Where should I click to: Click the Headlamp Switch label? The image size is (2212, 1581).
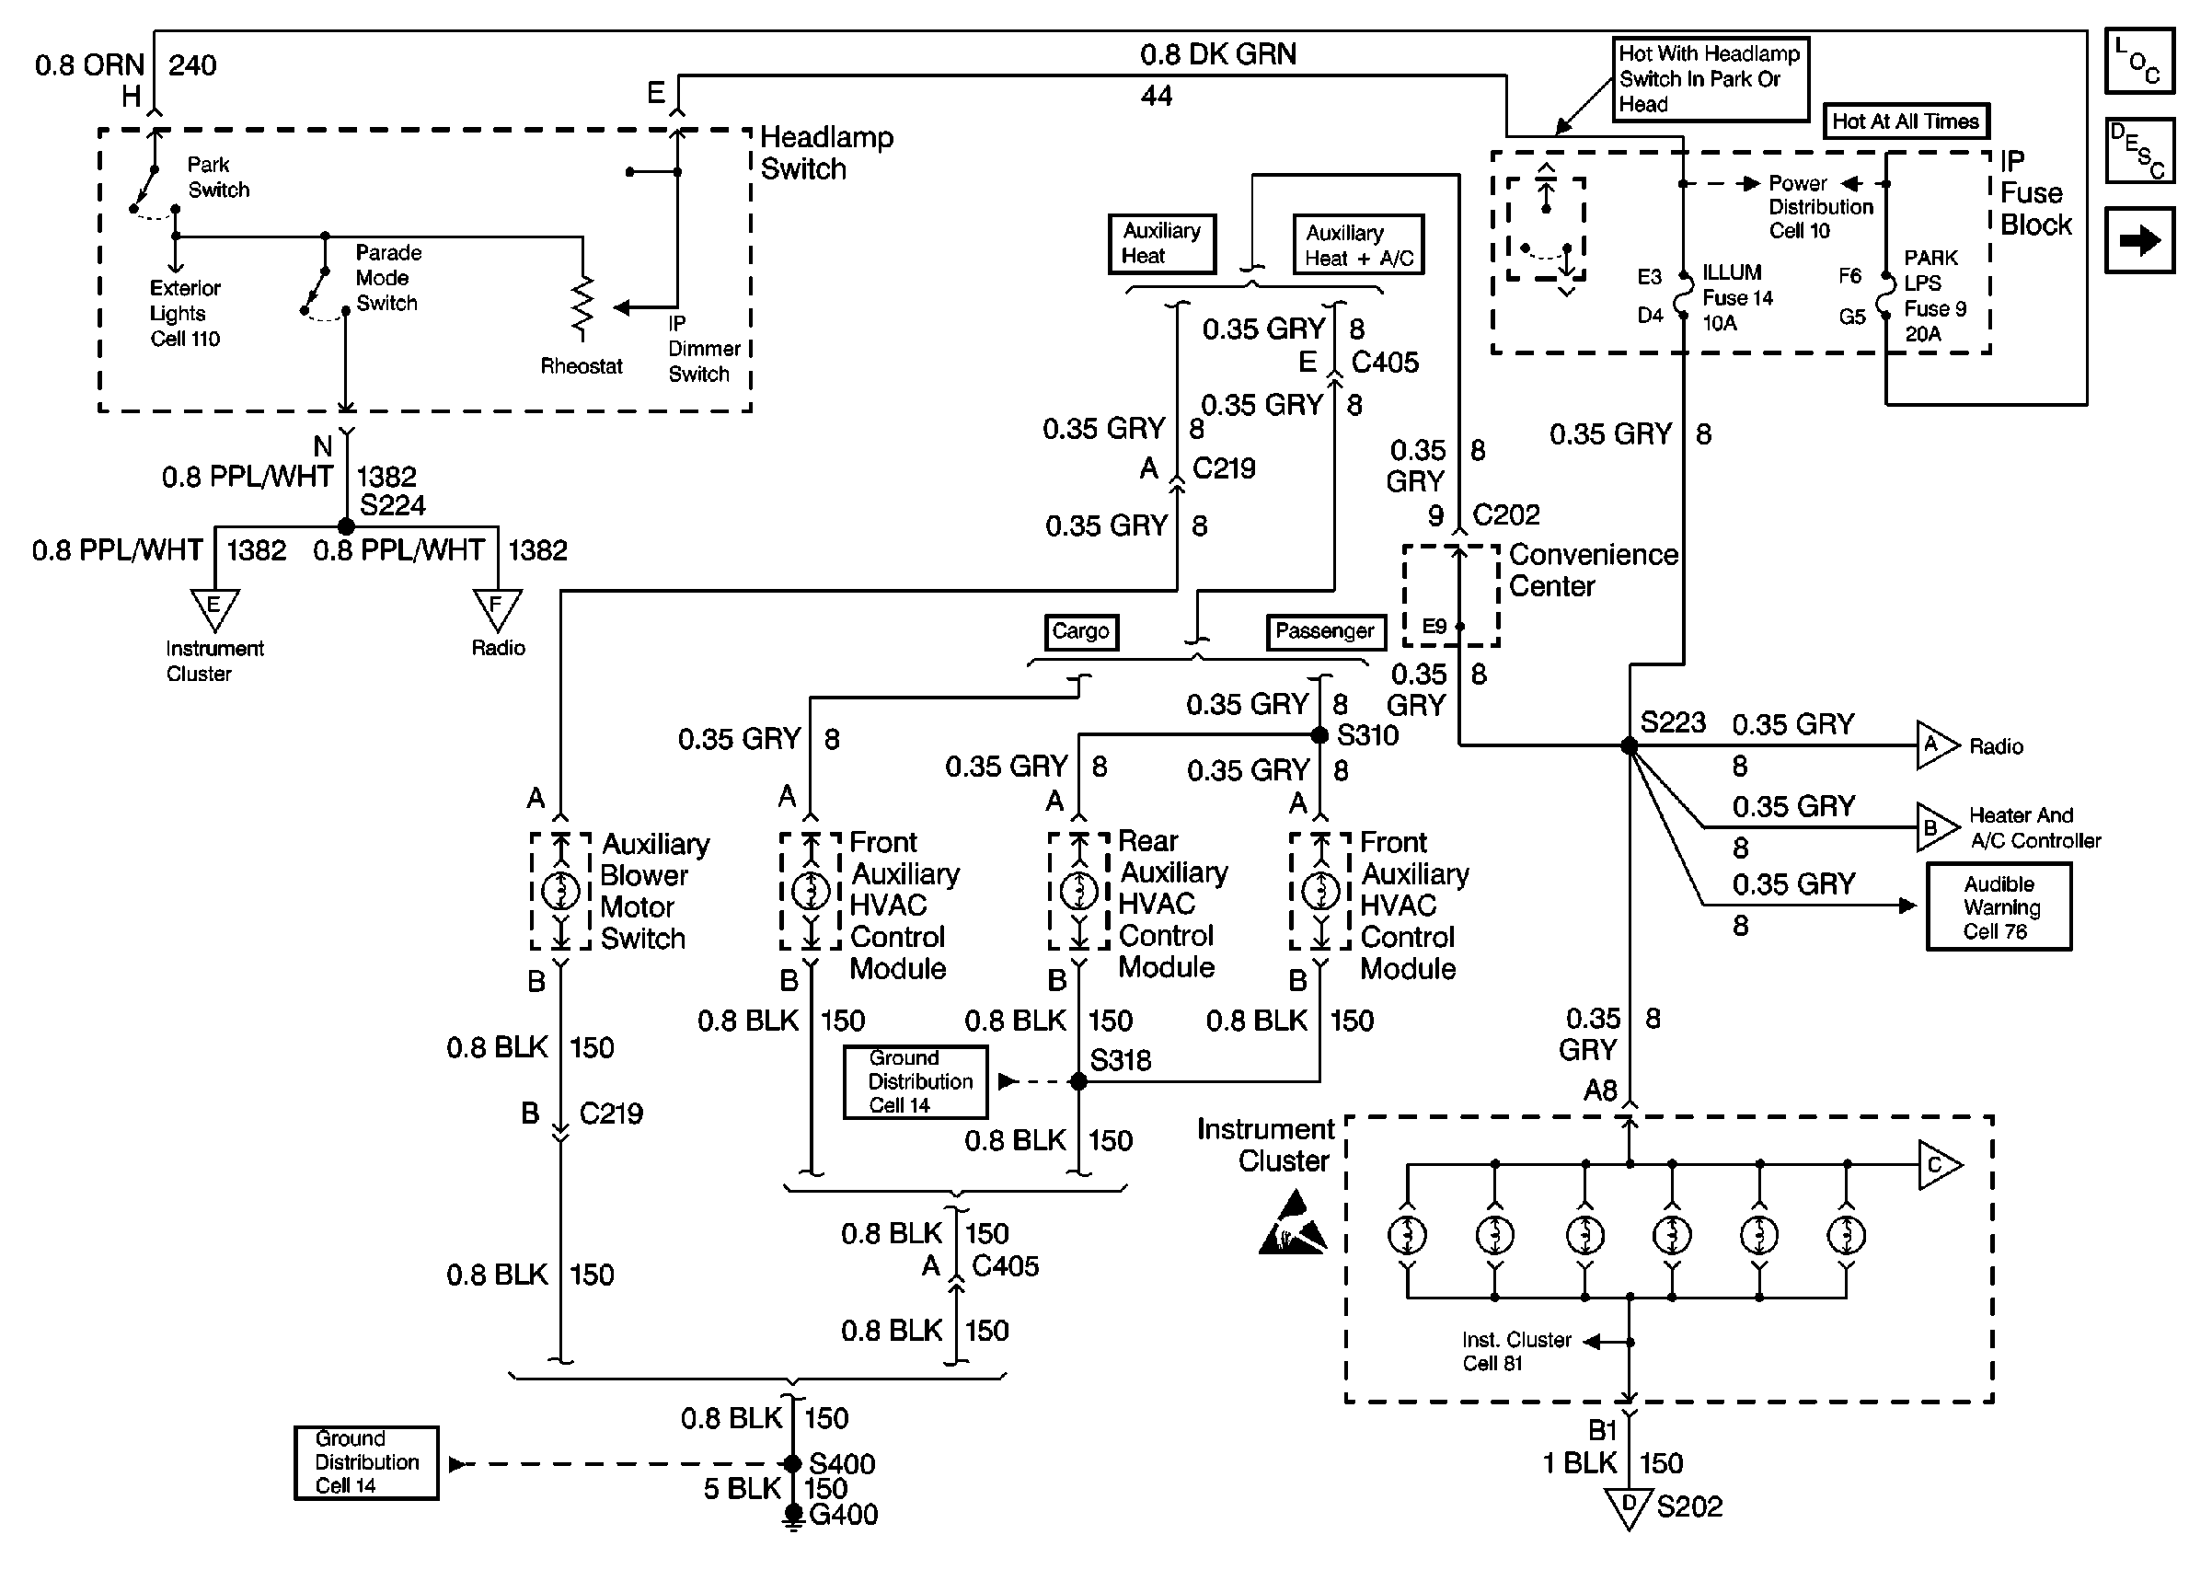pos(826,153)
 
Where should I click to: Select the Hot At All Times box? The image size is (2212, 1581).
pos(1906,121)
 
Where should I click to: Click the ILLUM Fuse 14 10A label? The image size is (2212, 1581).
pos(1737,298)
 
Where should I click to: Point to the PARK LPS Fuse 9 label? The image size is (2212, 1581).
pos(1935,296)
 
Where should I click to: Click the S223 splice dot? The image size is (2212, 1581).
pos(1629,745)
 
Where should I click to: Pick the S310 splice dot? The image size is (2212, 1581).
pos(1319,735)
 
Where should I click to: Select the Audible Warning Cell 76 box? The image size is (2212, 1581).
pos(1999,906)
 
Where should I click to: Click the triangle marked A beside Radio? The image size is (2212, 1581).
pos(1937,745)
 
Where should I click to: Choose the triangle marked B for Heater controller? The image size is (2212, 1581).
pos(1937,827)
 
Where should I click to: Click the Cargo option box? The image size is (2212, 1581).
pos(1081,632)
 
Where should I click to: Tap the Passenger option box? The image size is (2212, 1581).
pos(1324,632)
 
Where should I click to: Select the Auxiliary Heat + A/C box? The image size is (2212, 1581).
pos(1358,245)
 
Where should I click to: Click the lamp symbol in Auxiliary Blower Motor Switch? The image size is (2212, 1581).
pos(560,891)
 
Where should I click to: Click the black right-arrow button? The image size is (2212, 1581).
pos(2139,239)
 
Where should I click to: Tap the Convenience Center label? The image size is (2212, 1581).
pos(1593,571)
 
